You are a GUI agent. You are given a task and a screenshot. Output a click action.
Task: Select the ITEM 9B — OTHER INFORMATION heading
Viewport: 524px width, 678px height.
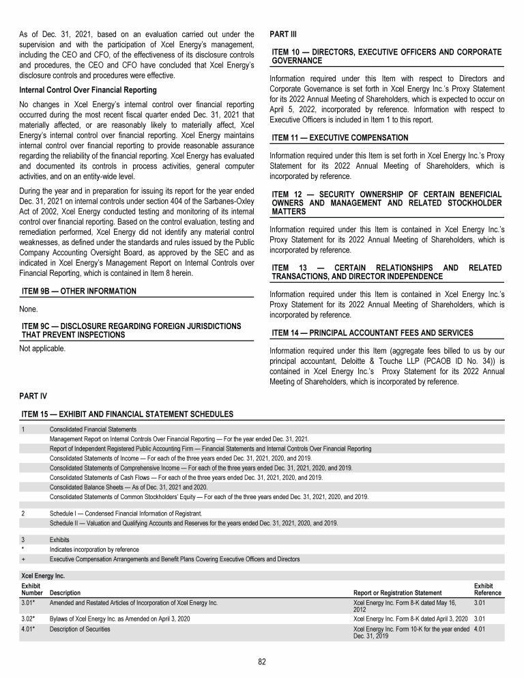(x=79, y=291)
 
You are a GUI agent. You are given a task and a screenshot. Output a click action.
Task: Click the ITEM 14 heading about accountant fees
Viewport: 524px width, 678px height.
(x=372, y=333)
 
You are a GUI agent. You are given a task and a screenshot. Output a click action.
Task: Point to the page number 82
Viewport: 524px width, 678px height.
(x=262, y=661)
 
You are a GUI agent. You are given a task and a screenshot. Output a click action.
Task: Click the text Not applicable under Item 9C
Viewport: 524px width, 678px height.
(x=44, y=348)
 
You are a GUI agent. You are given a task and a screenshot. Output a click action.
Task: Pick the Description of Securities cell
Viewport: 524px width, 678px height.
(x=80, y=628)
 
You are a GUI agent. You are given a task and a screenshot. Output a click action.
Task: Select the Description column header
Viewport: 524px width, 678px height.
(x=65, y=593)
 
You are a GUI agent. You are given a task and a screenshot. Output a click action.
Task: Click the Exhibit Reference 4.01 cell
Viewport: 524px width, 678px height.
(x=480, y=628)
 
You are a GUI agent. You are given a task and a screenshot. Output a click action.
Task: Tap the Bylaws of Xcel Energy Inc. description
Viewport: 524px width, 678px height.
(x=119, y=618)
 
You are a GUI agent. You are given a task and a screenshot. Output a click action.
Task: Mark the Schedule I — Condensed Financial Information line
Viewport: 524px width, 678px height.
(x=126, y=513)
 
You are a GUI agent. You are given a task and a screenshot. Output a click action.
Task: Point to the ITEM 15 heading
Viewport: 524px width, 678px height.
(x=128, y=414)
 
